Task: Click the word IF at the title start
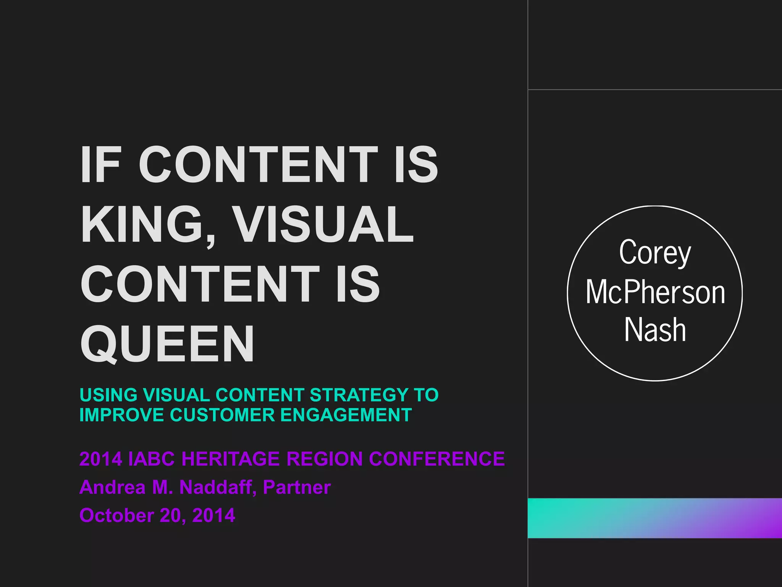[x=100, y=165]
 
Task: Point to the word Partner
[x=297, y=487]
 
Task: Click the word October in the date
[x=116, y=516]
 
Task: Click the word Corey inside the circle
[x=655, y=253]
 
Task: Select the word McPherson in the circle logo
[x=655, y=292]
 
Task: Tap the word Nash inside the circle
[x=655, y=330]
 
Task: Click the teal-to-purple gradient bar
[x=654, y=518]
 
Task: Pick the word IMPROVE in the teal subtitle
[x=121, y=415]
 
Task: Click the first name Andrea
[x=112, y=487]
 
